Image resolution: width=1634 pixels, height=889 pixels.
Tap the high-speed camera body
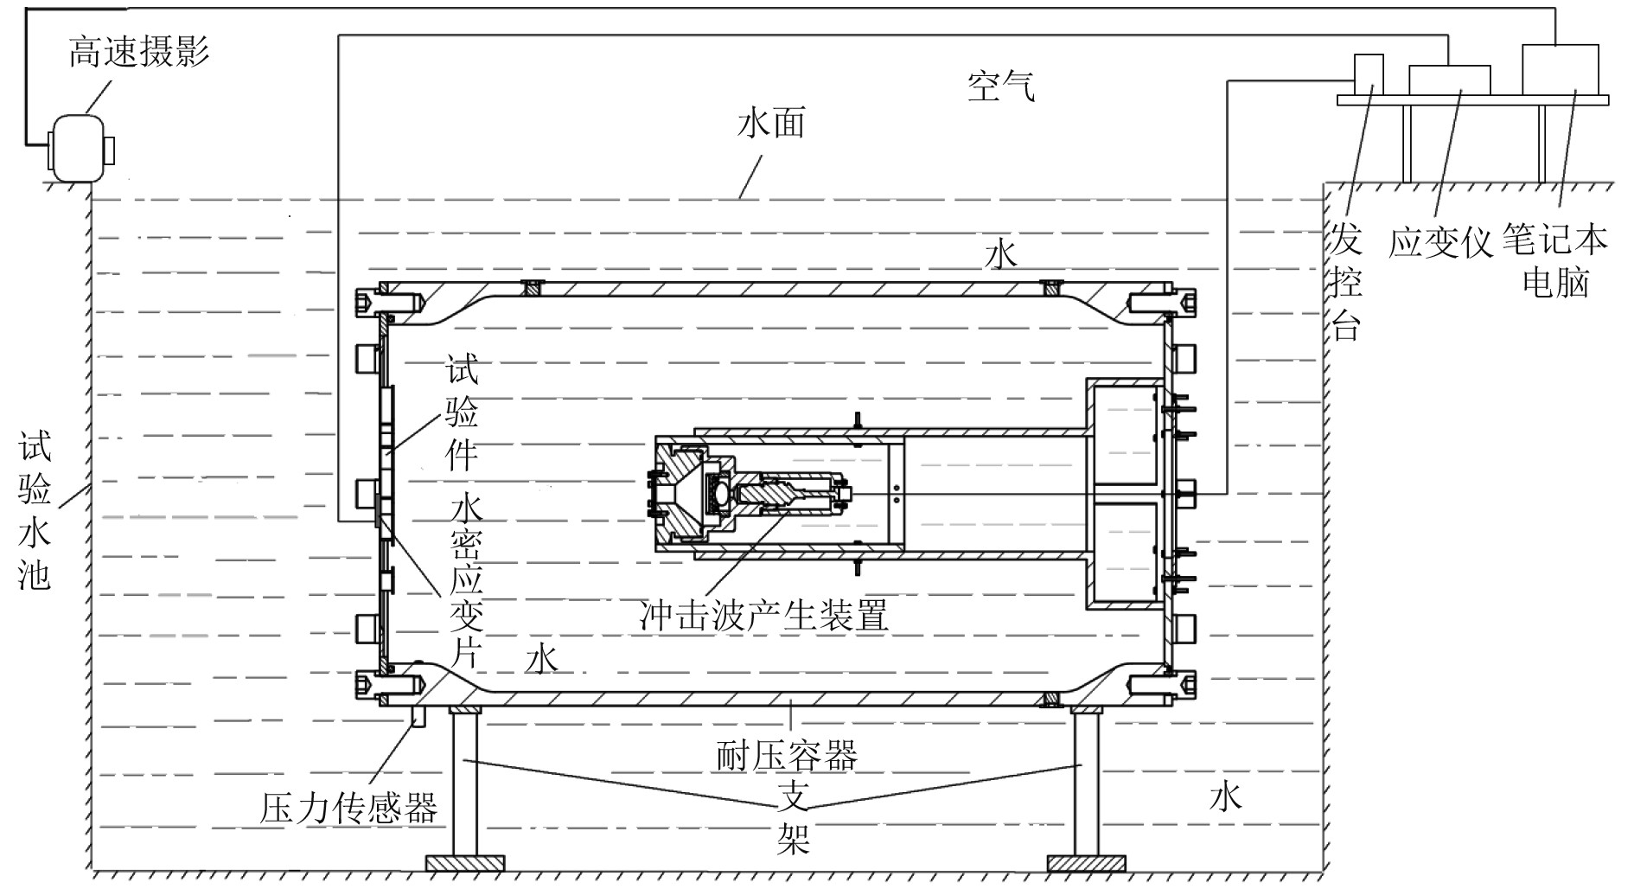pos(80,149)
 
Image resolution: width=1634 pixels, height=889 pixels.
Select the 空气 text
pos(1000,86)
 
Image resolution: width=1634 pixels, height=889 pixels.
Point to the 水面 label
pos(770,124)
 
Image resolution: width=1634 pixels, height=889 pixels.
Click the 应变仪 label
pos(1440,242)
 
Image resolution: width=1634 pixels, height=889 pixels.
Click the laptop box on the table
pos(1560,68)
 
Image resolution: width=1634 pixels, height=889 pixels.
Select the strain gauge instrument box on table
pos(1449,80)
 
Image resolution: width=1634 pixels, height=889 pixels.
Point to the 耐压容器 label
pos(786,755)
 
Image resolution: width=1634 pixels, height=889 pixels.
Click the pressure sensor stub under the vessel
pos(421,717)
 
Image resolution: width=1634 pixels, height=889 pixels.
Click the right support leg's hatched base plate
pos(1086,862)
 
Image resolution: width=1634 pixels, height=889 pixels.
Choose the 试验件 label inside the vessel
pos(461,415)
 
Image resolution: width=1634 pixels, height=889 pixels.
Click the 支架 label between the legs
pos(792,817)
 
